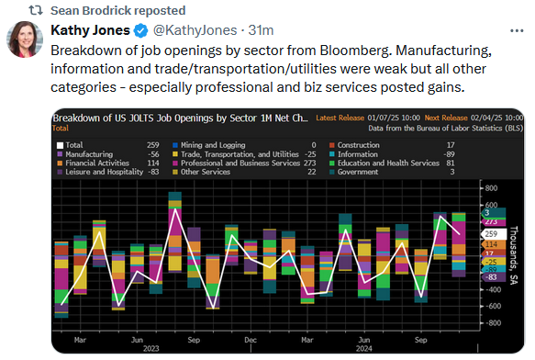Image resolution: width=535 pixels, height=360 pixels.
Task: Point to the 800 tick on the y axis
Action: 491,188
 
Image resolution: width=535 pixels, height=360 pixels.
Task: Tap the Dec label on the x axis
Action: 250,339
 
